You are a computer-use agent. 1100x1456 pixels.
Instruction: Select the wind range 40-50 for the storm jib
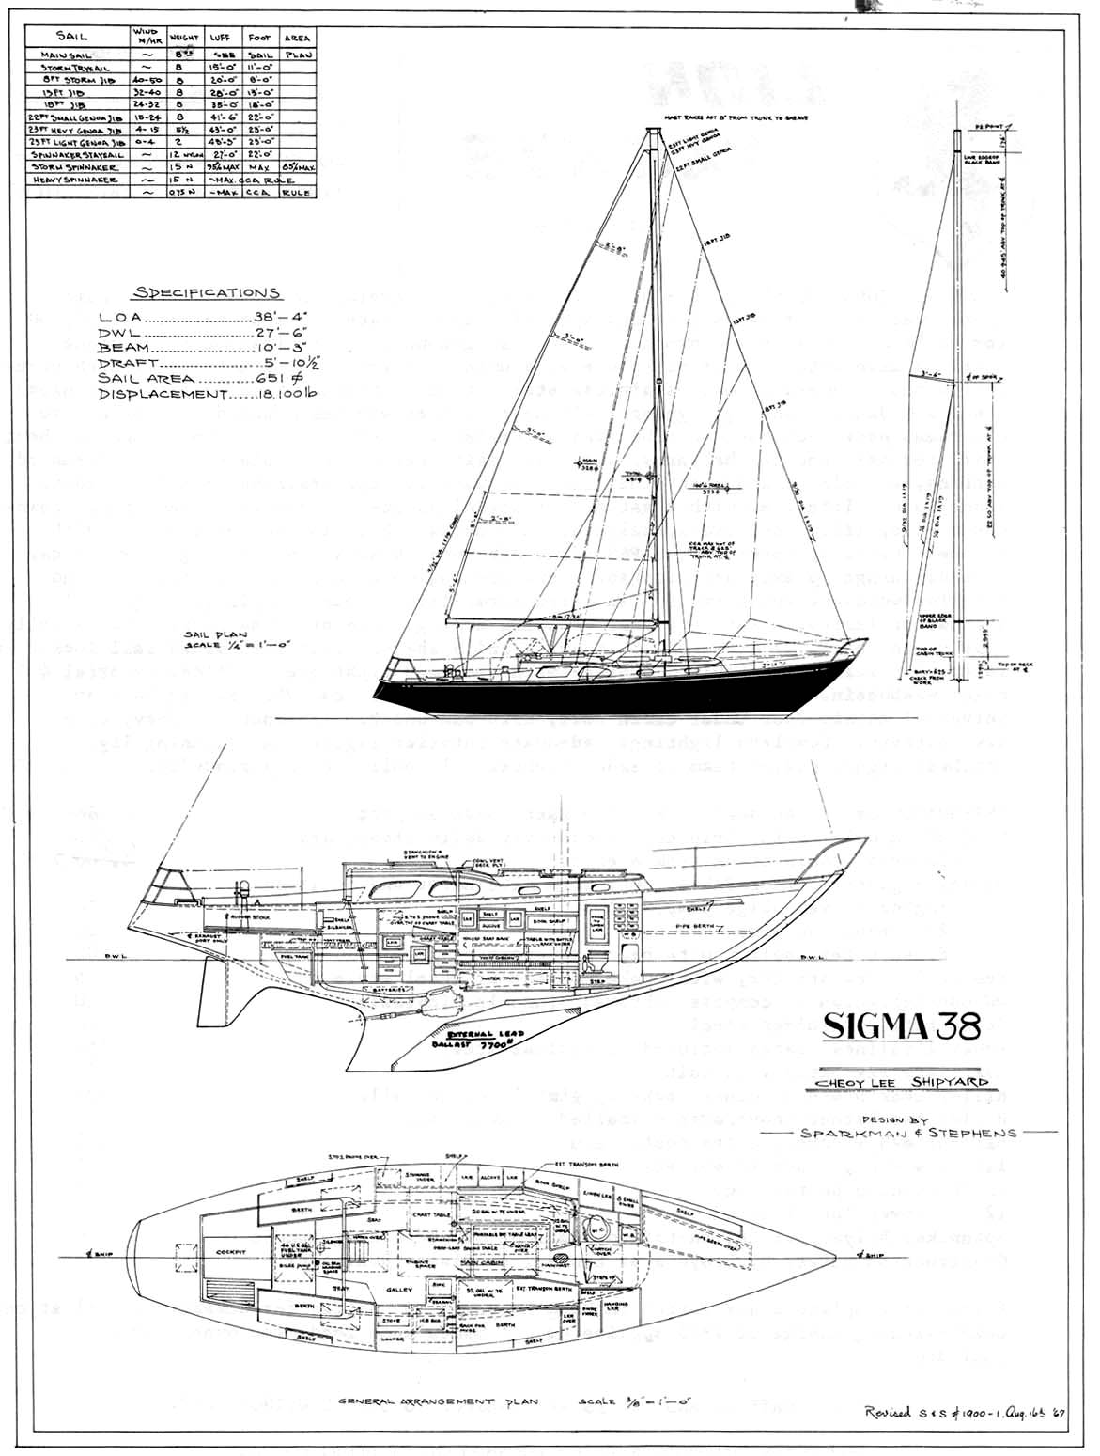(x=146, y=81)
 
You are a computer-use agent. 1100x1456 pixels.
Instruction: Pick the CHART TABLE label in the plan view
(x=431, y=1214)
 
